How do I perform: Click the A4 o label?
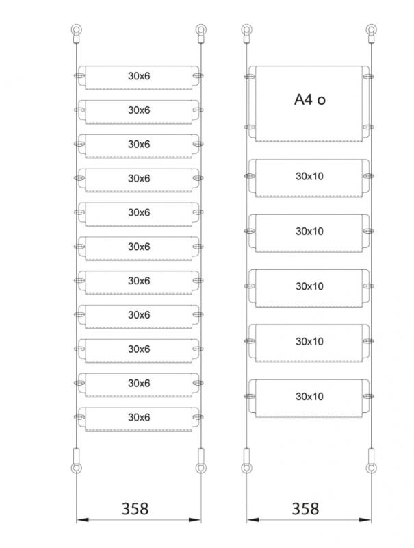point(309,99)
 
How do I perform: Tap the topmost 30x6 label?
point(139,76)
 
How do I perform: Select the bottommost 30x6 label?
point(139,417)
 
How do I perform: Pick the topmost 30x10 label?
point(309,176)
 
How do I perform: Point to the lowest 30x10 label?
point(309,397)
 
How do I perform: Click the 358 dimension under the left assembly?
point(135,509)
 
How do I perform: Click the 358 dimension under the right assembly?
point(305,509)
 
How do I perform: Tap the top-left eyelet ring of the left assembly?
point(76,29)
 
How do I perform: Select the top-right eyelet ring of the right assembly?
point(371,29)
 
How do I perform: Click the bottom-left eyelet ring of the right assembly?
point(246,469)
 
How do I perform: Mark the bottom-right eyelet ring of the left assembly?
point(200,469)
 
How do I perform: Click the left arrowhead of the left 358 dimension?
point(82,520)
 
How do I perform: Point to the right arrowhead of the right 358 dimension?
point(365,520)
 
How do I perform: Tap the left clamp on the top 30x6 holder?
point(79,75)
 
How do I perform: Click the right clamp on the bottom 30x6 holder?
point(198,417)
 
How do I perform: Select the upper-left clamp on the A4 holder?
point(250,77)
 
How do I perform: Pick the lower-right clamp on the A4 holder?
point(368,127)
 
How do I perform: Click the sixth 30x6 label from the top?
point(139,247)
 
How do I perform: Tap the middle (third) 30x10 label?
point(309,286)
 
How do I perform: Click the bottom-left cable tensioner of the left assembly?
point(76,456)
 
